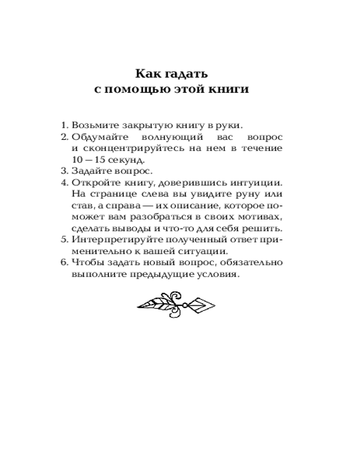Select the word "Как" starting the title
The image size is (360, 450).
(x=146, y=72)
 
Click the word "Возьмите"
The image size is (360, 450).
(x=92, y=125)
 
